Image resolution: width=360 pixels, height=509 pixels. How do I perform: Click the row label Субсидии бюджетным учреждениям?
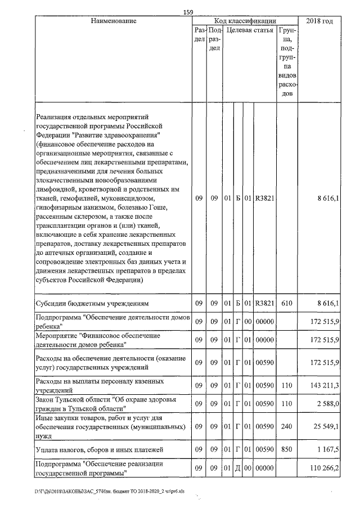click(x=92, y=304)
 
